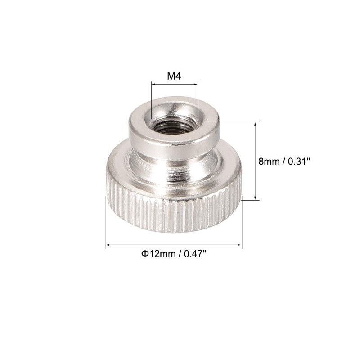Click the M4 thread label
tap(174, 76)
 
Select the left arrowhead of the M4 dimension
tap(153, 84)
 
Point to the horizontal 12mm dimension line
tap(174, 245)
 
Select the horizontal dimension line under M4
tap(174, 84)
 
